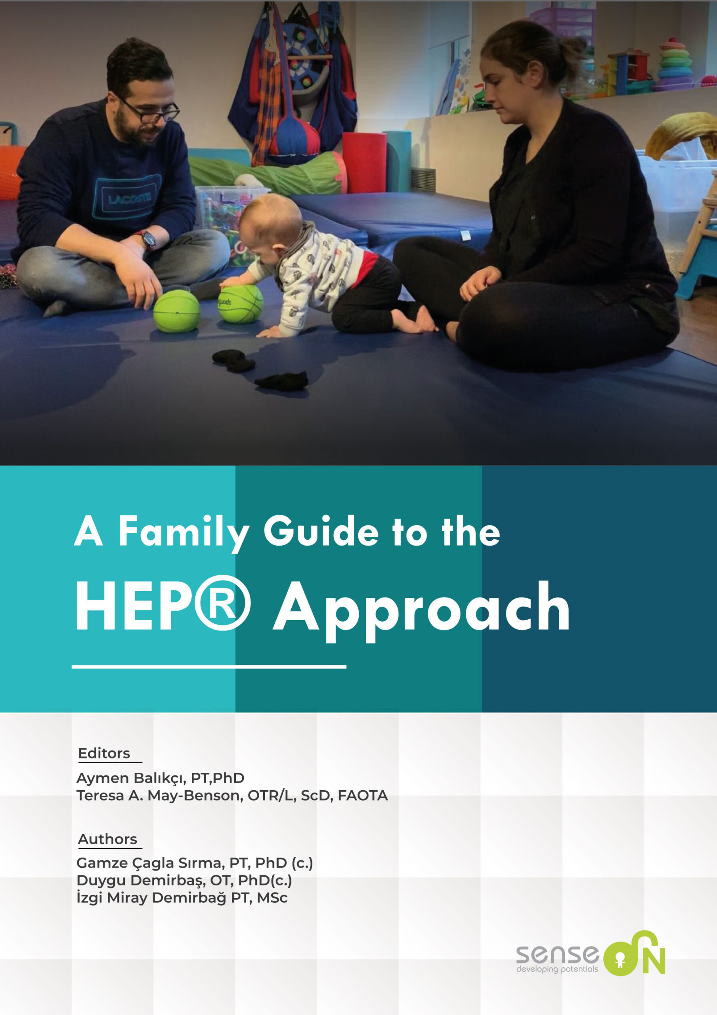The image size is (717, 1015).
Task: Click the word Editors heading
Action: tap(104, 753)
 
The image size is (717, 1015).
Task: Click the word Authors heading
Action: tap(107, 839)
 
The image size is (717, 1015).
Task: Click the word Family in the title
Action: tap(183, 532)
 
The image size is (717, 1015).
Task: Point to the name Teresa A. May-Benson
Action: tap(159, 796)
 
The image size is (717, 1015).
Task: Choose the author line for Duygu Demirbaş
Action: tap(184, 880)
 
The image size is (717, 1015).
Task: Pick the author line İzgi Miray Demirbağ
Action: tap(182, 898)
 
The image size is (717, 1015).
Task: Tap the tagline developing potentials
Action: tap(556, 969)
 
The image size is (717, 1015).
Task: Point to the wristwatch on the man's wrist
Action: tap(149, 239)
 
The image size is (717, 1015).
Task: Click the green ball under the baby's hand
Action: tap(241, 303)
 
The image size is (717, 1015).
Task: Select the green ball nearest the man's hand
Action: tap(176, 311)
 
